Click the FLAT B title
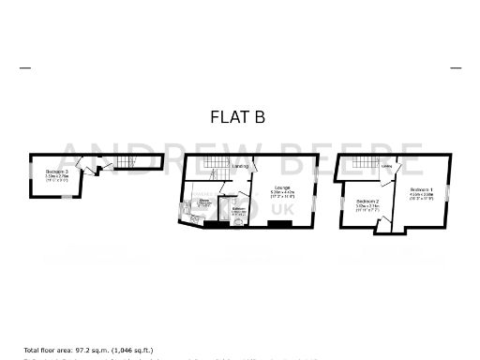click(x=239, y=117)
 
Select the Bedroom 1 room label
click(x=420, y=193)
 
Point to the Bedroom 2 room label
click(x=367, y=204)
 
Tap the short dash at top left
click(x=24, y=67)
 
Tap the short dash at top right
click(x=456, y=67)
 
